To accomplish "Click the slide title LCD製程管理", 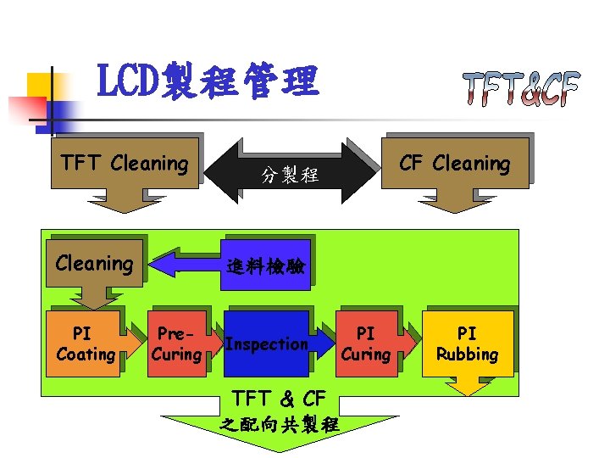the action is tap(208, 83).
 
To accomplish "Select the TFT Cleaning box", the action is tap(125, 163).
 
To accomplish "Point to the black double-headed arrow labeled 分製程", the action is tap(290, 175).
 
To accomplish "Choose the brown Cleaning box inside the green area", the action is tap(94, 264).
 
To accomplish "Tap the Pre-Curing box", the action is tap(175, 343).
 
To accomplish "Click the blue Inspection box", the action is tap(266, 343).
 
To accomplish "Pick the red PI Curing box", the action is tap(364, 343).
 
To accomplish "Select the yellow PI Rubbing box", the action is tap(468, 343).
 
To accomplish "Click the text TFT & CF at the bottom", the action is tap(279, 397).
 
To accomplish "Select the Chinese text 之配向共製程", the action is tap(279, 424).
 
